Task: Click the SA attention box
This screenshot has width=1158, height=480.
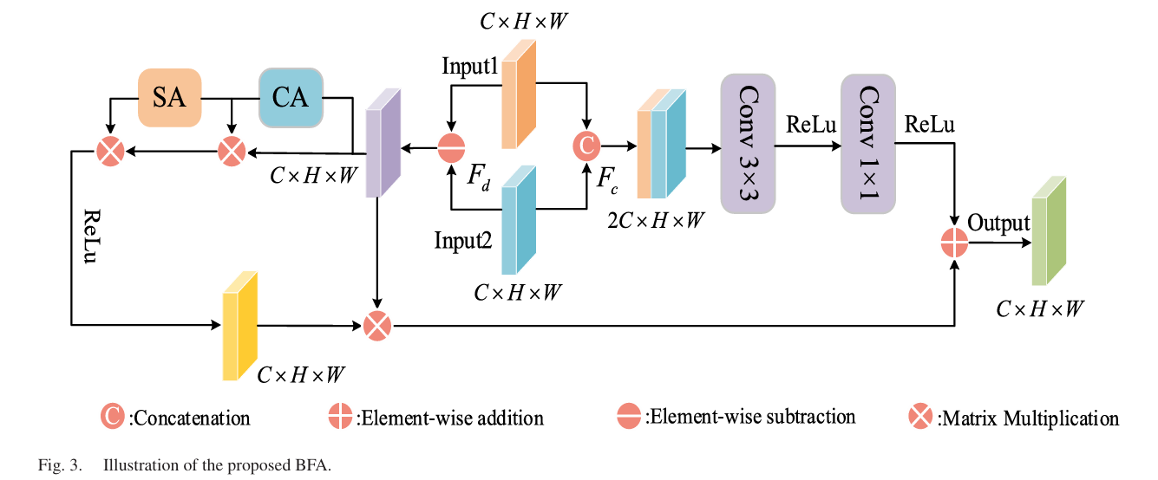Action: coord(170,98)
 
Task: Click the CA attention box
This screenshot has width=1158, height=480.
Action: coord(291,98)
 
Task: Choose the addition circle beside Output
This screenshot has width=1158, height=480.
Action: coord(954,243)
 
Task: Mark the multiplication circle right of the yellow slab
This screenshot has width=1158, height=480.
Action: coord(377,326)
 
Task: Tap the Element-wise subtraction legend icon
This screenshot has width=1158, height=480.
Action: coord(629,417)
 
